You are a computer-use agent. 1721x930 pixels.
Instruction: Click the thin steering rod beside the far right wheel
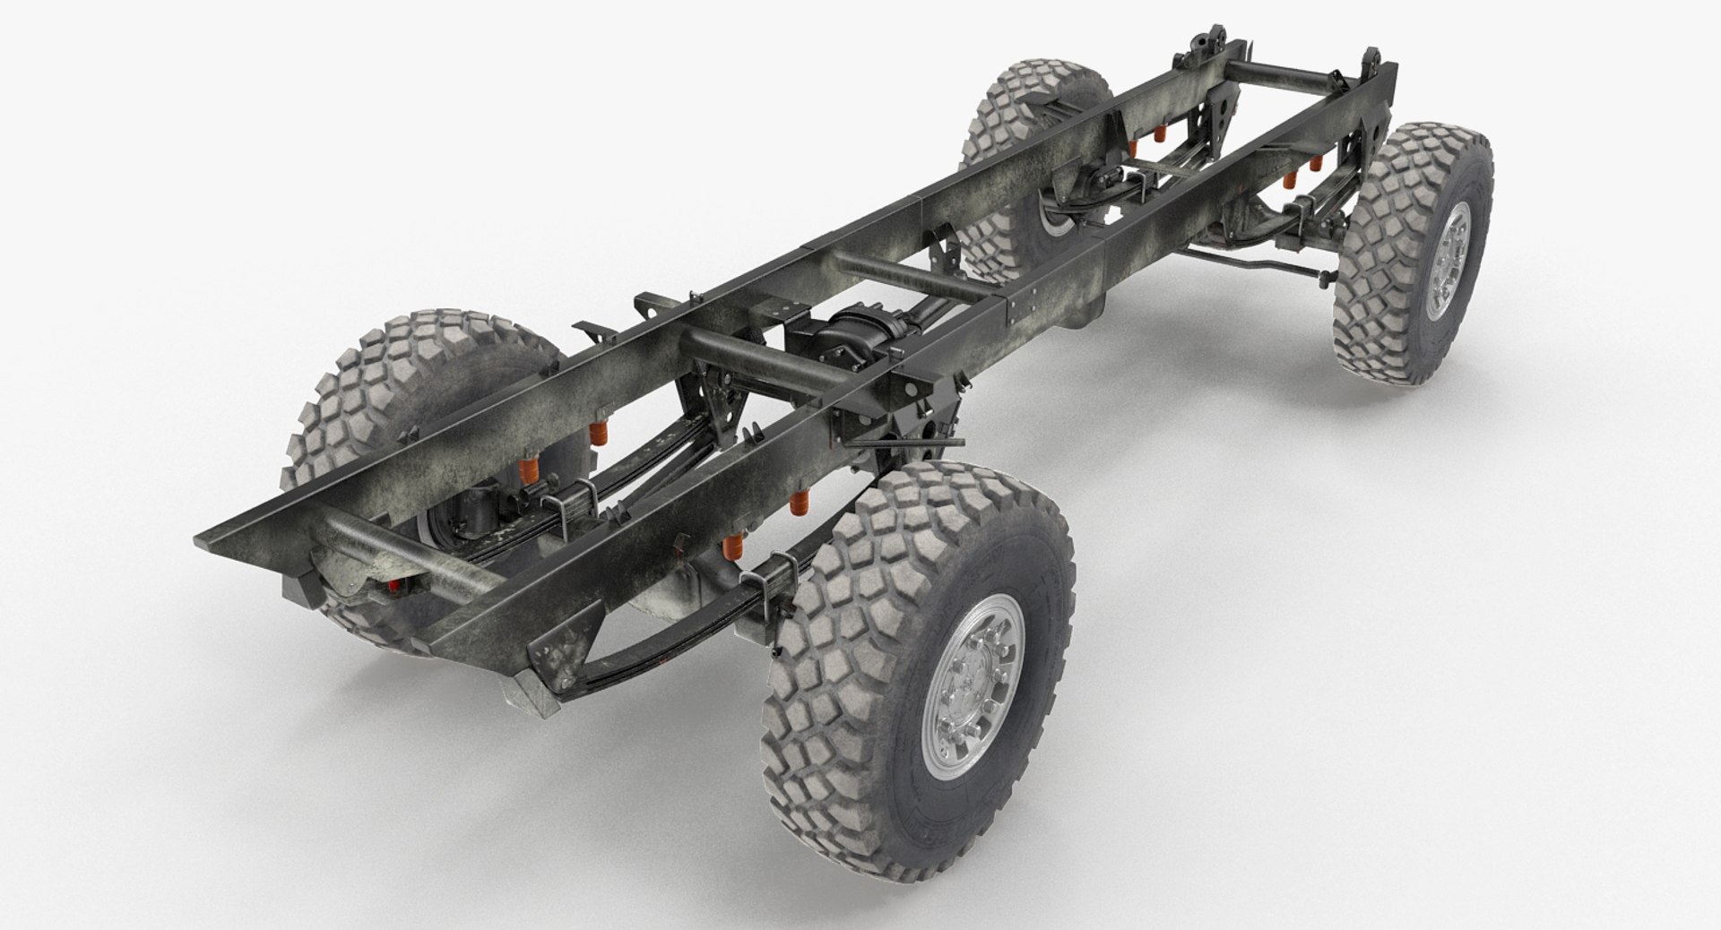[1255, 268]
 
